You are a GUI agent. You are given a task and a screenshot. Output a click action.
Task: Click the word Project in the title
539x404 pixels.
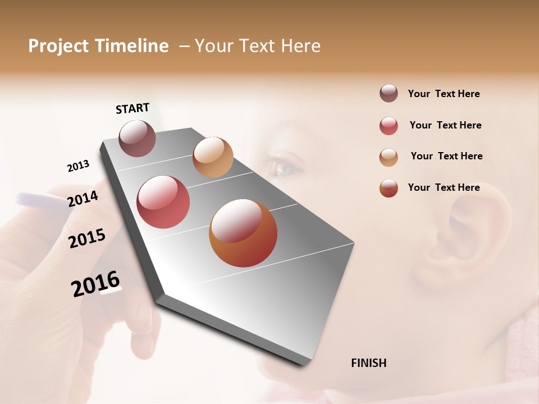tap(58, 47)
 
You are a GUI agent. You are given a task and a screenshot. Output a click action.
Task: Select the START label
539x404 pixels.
tap(133, 108)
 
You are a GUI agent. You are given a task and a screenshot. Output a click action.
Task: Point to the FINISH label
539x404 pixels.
tap(369, 363)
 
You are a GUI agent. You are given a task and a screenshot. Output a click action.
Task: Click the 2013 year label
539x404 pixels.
tap(78, 166)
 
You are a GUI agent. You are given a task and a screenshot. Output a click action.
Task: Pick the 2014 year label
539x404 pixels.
tap(83, 199)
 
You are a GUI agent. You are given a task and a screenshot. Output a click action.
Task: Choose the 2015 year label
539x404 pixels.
tap(87, 238)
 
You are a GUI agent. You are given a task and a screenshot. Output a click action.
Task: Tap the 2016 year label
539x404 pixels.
tap(95, 284)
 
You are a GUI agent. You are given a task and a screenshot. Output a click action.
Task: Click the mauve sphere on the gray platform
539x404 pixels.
tap(138, 139)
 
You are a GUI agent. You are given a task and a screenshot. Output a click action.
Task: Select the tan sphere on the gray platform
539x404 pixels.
tap(213, 157)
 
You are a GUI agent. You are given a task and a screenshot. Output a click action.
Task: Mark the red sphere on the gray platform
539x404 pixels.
tap(163, 202)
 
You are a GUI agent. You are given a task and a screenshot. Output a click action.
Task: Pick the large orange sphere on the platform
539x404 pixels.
tap(243, 233)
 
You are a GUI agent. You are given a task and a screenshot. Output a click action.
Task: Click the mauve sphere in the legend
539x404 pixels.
tap(389, 93)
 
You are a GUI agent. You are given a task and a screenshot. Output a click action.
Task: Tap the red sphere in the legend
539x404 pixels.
tap(389, 126)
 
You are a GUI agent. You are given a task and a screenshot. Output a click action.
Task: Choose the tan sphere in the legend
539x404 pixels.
tap(389, 157)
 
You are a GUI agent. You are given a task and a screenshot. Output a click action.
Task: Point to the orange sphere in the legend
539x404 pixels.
tap(389, 188)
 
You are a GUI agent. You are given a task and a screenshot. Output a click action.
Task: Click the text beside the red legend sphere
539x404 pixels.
tap(445, 125)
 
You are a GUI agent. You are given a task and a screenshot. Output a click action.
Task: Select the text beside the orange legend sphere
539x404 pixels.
tap(444, 187)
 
